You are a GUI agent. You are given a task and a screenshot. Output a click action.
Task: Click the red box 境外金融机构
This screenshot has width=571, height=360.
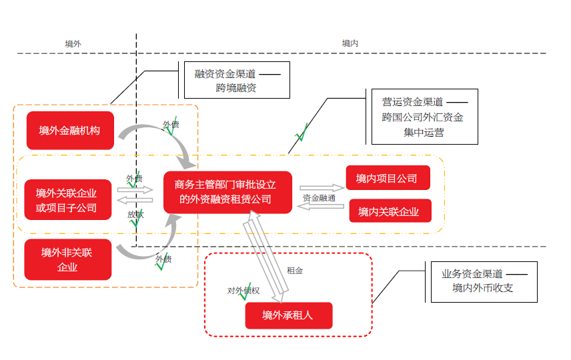[69, 130]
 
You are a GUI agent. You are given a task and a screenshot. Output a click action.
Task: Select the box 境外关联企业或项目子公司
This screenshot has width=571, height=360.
[66, 200]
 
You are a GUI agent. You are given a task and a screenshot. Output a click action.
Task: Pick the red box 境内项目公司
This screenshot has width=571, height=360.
[387, 178]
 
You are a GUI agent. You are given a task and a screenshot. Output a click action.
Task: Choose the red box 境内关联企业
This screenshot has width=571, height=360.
[389, 211]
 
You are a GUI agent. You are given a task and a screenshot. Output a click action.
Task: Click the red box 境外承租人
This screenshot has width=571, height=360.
[288, 315]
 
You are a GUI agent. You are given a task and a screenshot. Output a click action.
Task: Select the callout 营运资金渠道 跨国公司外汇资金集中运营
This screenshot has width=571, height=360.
[422, 117]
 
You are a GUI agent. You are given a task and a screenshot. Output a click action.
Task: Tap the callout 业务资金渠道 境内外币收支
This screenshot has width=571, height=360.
[482, 281]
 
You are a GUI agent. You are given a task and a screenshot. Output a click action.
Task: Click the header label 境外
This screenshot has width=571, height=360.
[73, 43]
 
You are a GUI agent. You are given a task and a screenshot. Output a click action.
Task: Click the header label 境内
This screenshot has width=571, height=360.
[351, 43]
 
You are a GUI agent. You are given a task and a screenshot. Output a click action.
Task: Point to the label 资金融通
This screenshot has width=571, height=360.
[318, 198]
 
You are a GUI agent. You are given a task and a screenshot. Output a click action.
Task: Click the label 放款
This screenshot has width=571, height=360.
[135, 215]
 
